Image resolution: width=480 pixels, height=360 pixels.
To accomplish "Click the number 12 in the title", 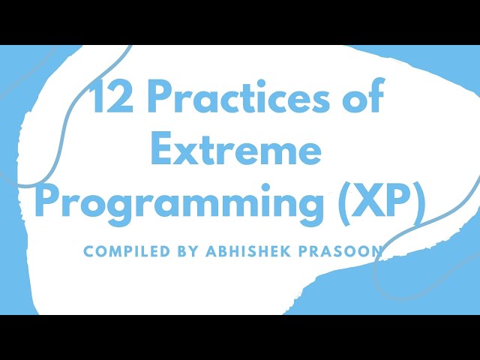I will coord(108,99).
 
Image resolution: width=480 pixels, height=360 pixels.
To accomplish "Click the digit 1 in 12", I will coord(96,99).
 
